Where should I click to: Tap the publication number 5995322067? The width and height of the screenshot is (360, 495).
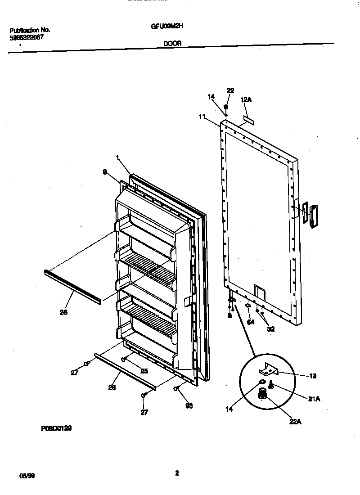(x=27, y=38)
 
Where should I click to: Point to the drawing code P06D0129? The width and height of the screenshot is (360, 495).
(x=56, y=429)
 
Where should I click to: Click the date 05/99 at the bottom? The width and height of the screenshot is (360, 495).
(x=27, y=476)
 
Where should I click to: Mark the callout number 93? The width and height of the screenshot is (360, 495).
(x=189, y=406)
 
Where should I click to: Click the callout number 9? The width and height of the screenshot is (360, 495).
(x=105, y=171)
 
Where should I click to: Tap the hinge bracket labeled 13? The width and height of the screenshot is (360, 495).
(x=269, y=370)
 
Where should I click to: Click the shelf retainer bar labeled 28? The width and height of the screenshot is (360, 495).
(x=72, y=287)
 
